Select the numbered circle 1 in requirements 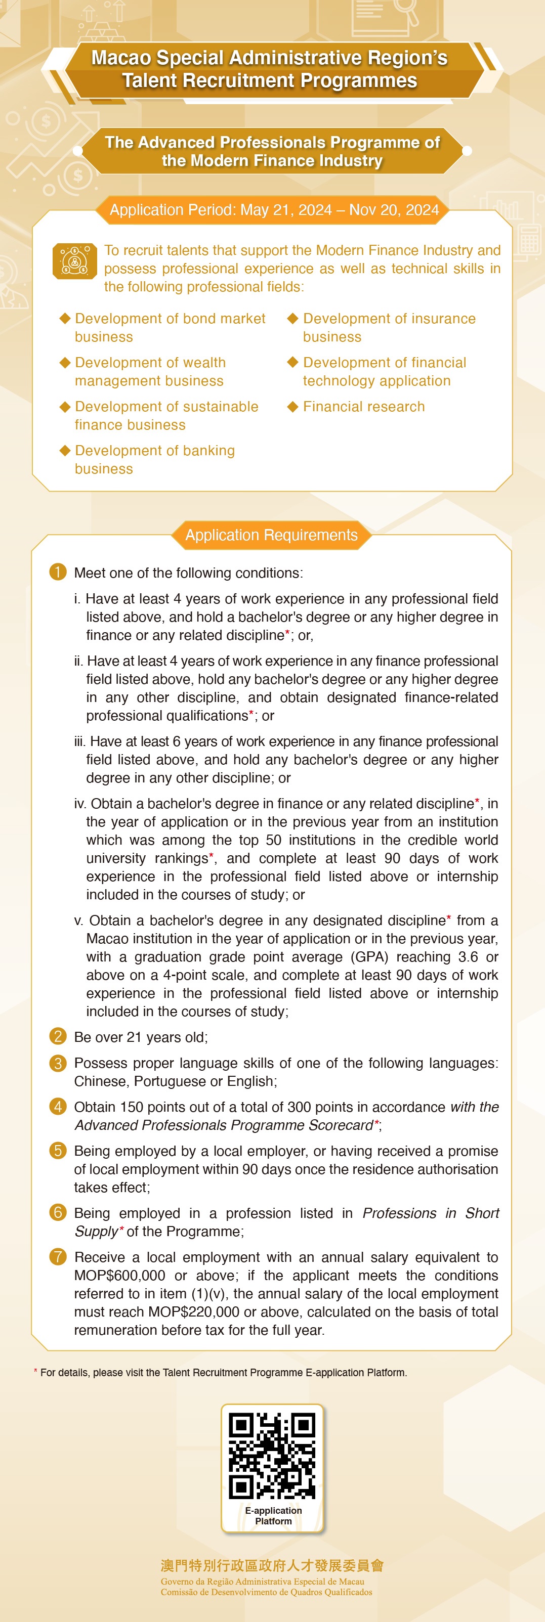[x=57, y=572]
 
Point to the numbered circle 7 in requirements [x=57, y=1257]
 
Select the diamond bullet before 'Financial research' [x=292, y=406]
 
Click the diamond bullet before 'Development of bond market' [x=64, y=318]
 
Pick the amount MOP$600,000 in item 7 [x=120, y=1275]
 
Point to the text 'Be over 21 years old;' [x=141, y=1037]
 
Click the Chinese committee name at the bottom [x=272, y=1565]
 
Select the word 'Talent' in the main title [x=151, y=80]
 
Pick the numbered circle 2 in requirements [x=57, y=1036]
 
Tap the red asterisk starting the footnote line [x=36, y=1372]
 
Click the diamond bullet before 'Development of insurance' [x=292, y=318]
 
